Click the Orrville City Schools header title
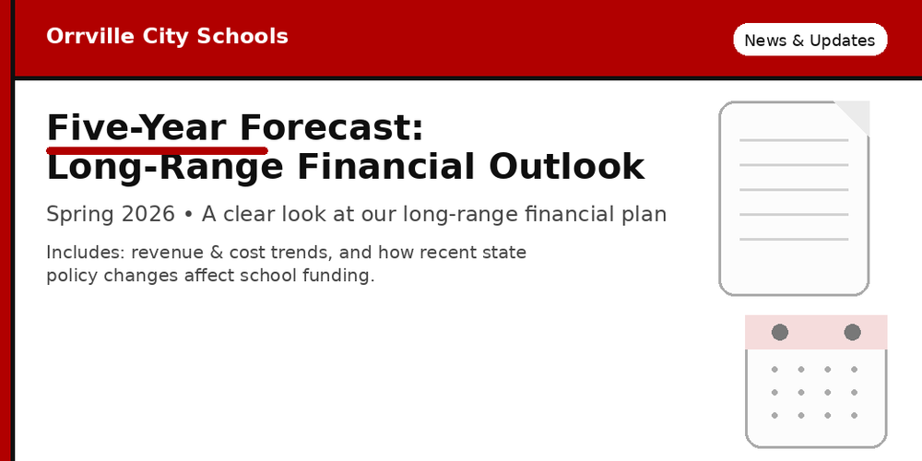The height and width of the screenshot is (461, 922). (167, 37)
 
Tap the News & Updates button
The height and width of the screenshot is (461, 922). (810, 41)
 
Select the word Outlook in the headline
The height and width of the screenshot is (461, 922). (566, 167)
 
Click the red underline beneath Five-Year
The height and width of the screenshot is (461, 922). (157, 149)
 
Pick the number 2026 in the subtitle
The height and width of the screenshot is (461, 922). (148, 215)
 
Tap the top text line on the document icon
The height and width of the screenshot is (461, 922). (794, 140)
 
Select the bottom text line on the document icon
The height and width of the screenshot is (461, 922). (794, 240)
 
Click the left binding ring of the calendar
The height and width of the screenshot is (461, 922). (780, 332)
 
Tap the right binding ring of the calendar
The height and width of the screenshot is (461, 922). (852, 332)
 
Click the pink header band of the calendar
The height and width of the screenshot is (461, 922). (816, 343)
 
